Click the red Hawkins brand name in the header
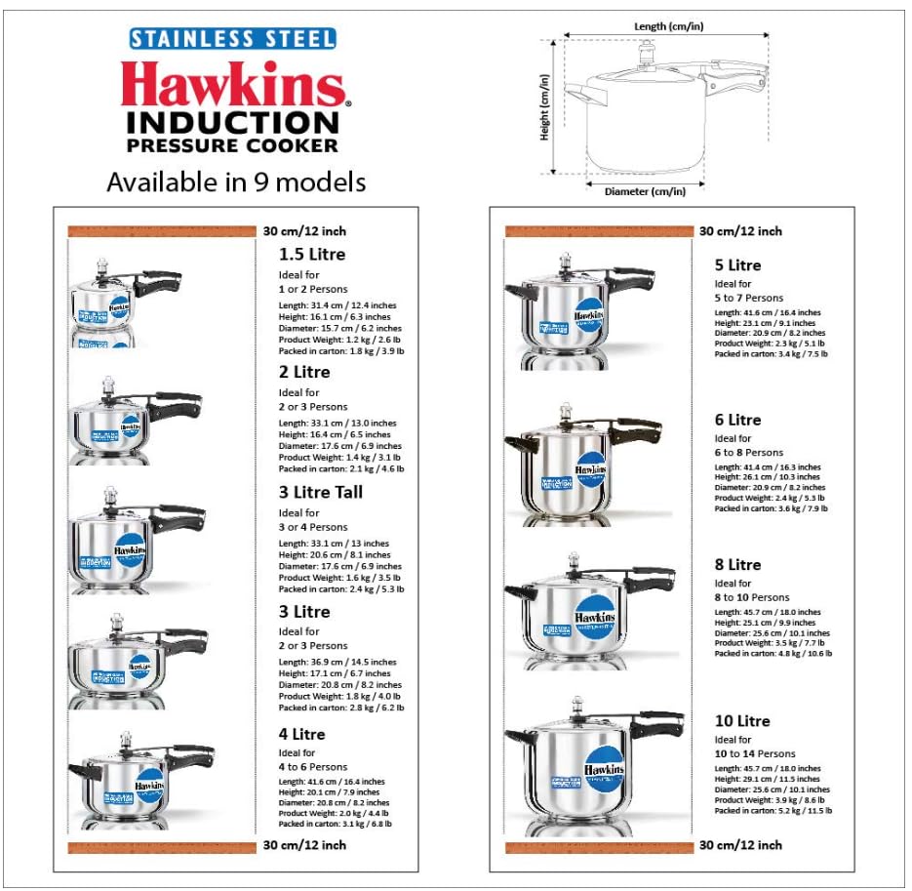point(234,85)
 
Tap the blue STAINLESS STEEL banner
point(233,39)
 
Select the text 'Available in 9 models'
point(236,182)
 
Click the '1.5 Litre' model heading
point(312,254)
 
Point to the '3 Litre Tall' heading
point(321,492)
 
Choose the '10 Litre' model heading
point(742,721)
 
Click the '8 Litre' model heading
point(737,564)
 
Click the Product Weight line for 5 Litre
point(770,344)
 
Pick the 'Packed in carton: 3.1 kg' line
point(335,824)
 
